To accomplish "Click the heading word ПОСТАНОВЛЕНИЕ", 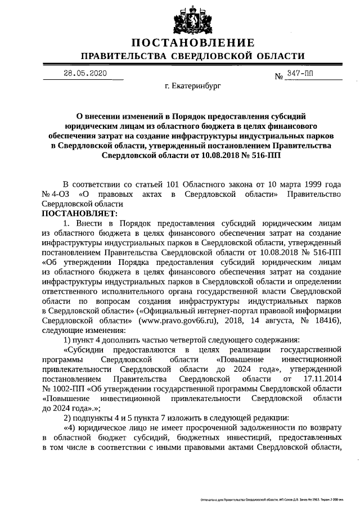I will [193, 43].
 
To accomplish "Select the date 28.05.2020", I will [84, 73].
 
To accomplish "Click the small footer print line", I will [274, 499].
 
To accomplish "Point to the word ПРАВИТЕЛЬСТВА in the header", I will [123, 56].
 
